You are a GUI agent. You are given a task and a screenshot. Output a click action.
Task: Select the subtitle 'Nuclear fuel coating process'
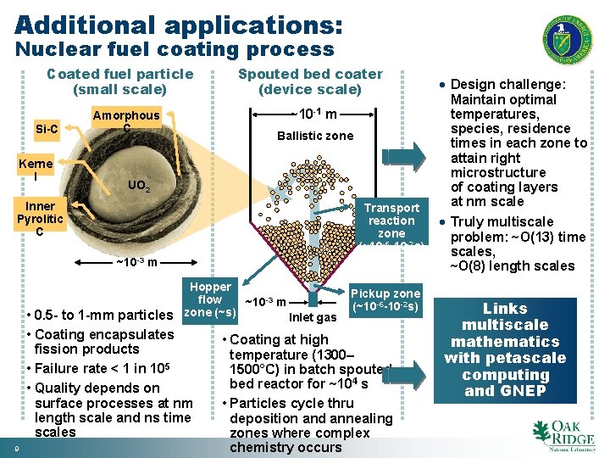point(175,50)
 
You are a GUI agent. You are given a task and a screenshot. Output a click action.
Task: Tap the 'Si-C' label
point(47,129)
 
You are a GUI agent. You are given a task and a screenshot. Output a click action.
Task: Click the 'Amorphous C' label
point(125,121)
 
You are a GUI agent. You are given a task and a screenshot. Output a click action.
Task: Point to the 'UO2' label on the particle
point(139,186)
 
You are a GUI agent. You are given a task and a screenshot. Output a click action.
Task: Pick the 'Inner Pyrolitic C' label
point(40,219)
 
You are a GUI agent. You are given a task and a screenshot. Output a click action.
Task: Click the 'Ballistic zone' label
point(315,136)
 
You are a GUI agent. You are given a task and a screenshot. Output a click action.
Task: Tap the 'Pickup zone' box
point(385,299)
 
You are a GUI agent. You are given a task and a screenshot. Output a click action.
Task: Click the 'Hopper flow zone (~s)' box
point(210,299)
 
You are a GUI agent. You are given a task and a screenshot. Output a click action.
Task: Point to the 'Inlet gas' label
point(313,318)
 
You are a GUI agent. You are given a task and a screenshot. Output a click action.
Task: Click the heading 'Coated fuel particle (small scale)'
point(120,81)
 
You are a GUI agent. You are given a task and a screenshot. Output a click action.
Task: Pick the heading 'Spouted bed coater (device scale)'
point(310,81)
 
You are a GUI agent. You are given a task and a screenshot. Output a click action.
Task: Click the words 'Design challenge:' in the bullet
point(508,85)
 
